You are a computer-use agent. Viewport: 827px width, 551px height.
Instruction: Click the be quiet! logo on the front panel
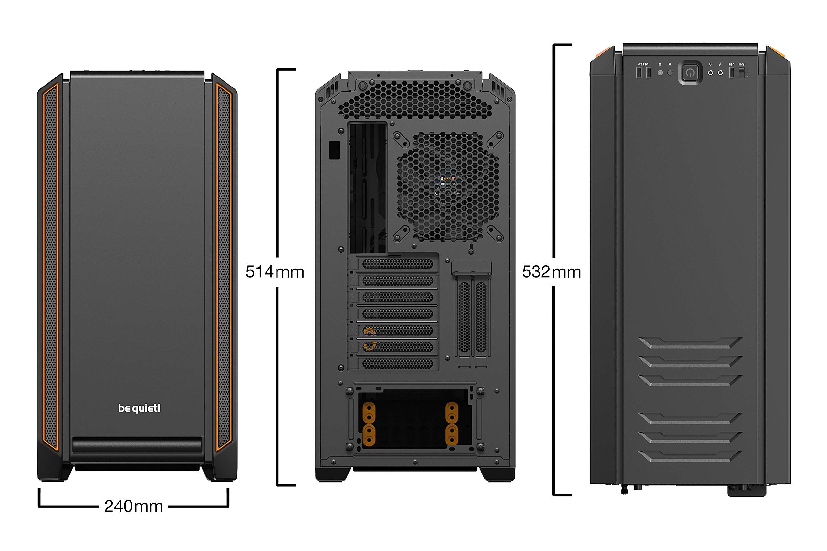click(x=139, y=408)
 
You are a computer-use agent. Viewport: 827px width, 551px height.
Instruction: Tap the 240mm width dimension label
click(x=134, y=506)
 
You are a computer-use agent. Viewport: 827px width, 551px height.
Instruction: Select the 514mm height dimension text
click(x=275, y=272)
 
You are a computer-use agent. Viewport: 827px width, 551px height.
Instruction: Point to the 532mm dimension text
click(x=551, y=272)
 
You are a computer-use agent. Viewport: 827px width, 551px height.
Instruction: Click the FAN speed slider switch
click(x=742, y=73)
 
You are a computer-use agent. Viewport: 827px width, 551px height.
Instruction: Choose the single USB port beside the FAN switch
click(x=732, y=73)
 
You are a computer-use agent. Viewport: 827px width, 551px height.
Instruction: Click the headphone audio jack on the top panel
click(x=710, y=73)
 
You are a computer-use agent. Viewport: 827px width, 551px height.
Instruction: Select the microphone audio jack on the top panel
click(x=720, y=73)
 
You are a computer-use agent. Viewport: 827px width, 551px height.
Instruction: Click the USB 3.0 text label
click(x=643, y=64)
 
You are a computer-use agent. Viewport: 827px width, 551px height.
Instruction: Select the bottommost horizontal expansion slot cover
click(x=397, y=364)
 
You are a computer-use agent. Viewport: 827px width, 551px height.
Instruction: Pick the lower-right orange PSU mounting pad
click(x=452, y=435)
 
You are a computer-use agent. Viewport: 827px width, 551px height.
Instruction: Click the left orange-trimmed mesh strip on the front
click(x=50, y=267)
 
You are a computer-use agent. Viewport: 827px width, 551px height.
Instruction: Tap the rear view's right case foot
click(x=497, y=474)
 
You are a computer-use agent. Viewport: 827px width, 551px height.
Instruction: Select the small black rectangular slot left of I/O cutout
click(x=334, y=150)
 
